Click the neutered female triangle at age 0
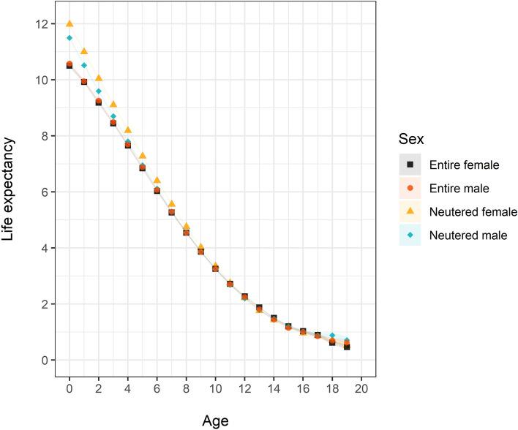(70, 23)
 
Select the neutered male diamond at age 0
(70, 38)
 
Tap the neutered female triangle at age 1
(84, 51)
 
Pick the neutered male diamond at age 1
(84, 65)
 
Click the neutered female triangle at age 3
(113, 104)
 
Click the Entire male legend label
(459, 189)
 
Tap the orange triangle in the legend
(410, 212)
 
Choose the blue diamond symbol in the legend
(410, 235)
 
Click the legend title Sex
(412, 138)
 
